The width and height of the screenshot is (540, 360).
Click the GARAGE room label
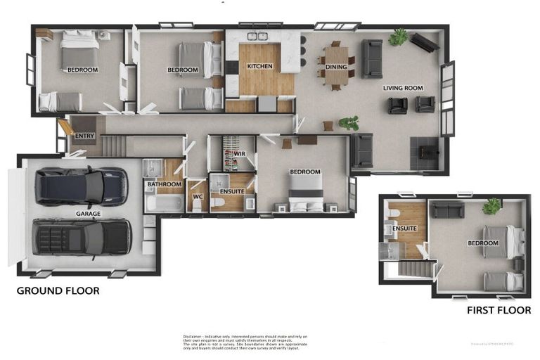[89, 214]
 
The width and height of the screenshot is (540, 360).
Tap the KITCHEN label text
[259, 67]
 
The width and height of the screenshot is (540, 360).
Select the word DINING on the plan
[336, 67]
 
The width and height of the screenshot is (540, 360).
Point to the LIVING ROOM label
[403, 88]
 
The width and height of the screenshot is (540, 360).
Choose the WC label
[198, 198]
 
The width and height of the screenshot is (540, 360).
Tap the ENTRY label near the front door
[84, 136]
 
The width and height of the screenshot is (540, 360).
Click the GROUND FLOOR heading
[58, 290]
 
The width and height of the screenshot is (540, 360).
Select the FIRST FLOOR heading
[499, 309]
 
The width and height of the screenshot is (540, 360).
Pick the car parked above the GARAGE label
[82, 186]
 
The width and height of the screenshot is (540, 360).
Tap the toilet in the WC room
[198, 205]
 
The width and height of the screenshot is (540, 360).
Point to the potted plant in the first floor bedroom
[491, 206]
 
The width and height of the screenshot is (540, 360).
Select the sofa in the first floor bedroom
[447, 210]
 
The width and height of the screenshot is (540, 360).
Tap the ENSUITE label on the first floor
[405, 229]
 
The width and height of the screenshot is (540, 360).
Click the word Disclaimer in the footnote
[194, 336]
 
